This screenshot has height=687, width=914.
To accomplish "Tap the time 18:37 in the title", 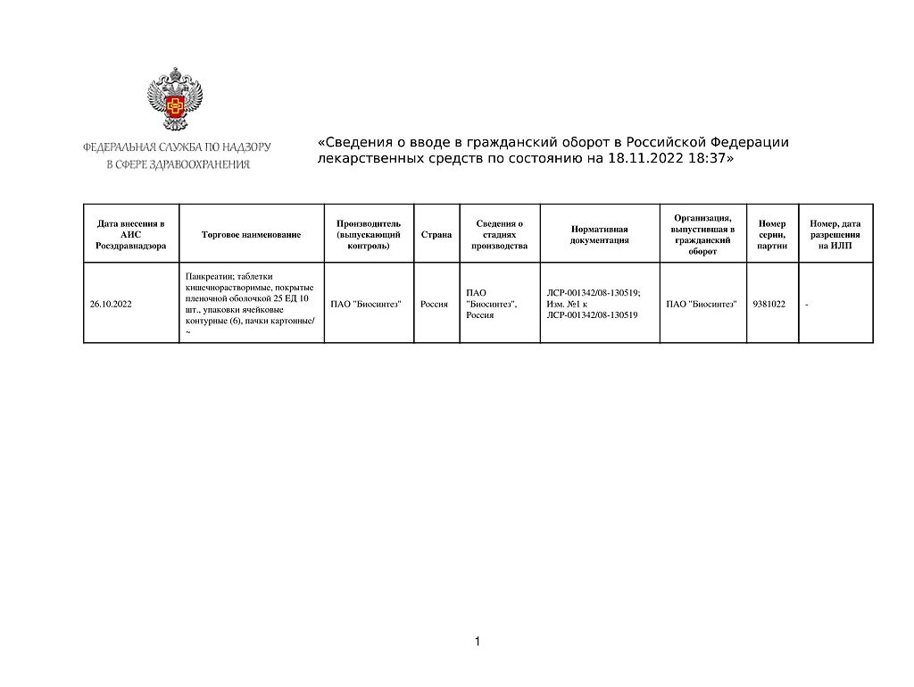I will point(703,159).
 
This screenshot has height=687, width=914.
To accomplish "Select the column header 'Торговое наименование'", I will point(252,234).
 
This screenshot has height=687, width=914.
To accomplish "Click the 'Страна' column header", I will point(436,234).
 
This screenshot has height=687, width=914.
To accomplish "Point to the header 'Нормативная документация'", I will point(600,234).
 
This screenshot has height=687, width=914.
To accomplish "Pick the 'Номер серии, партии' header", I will point(771,234).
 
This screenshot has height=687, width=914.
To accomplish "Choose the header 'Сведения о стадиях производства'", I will point(500,234).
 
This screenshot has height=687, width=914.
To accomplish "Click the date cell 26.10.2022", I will point(111,305).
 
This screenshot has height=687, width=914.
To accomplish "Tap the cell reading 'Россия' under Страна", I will point(434,305).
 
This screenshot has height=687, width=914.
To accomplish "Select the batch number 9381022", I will point(769,305).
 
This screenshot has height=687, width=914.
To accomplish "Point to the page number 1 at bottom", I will point(478,641).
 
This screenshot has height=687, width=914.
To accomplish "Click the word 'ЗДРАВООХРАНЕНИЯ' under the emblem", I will point(204,164).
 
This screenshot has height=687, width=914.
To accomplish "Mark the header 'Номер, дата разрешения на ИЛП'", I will point(835,234).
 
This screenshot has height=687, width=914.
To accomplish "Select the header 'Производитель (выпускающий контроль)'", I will point(361,234).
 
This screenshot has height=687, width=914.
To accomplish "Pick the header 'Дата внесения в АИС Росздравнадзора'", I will point(130,234).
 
